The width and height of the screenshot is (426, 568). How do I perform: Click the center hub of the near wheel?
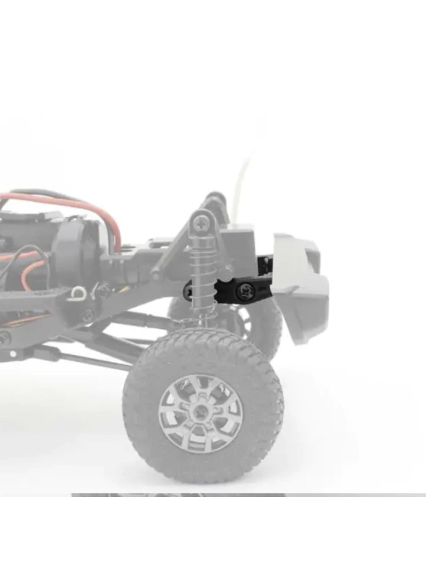200,413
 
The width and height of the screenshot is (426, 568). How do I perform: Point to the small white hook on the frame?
78,293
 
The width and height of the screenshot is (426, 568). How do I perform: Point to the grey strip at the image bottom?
177,495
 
